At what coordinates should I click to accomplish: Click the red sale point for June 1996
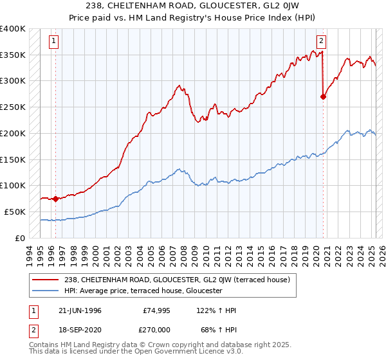pos(55,199)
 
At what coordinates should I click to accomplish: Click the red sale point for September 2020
pos(323,97)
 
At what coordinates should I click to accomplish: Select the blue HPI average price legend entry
pos(143,291)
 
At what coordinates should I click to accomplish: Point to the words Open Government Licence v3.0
pos(182,354)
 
